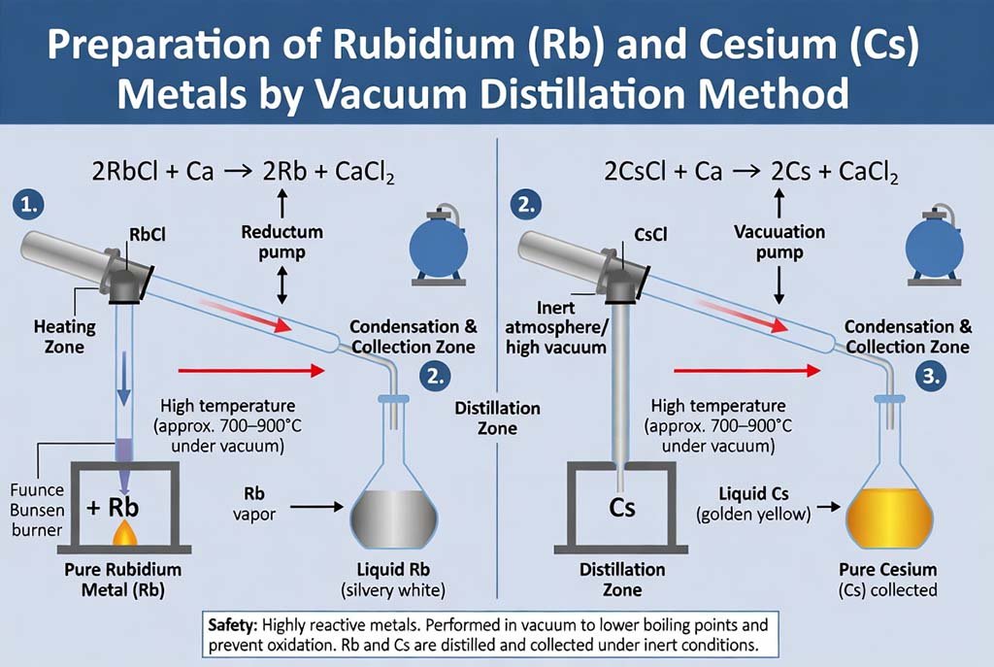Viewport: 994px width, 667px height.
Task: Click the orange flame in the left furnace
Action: pos(124,533)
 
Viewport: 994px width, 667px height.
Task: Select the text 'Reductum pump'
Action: pos(282,242)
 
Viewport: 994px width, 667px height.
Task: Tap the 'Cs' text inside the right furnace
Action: pos(622,506)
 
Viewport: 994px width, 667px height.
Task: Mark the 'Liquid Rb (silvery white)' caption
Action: pos(395,580)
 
